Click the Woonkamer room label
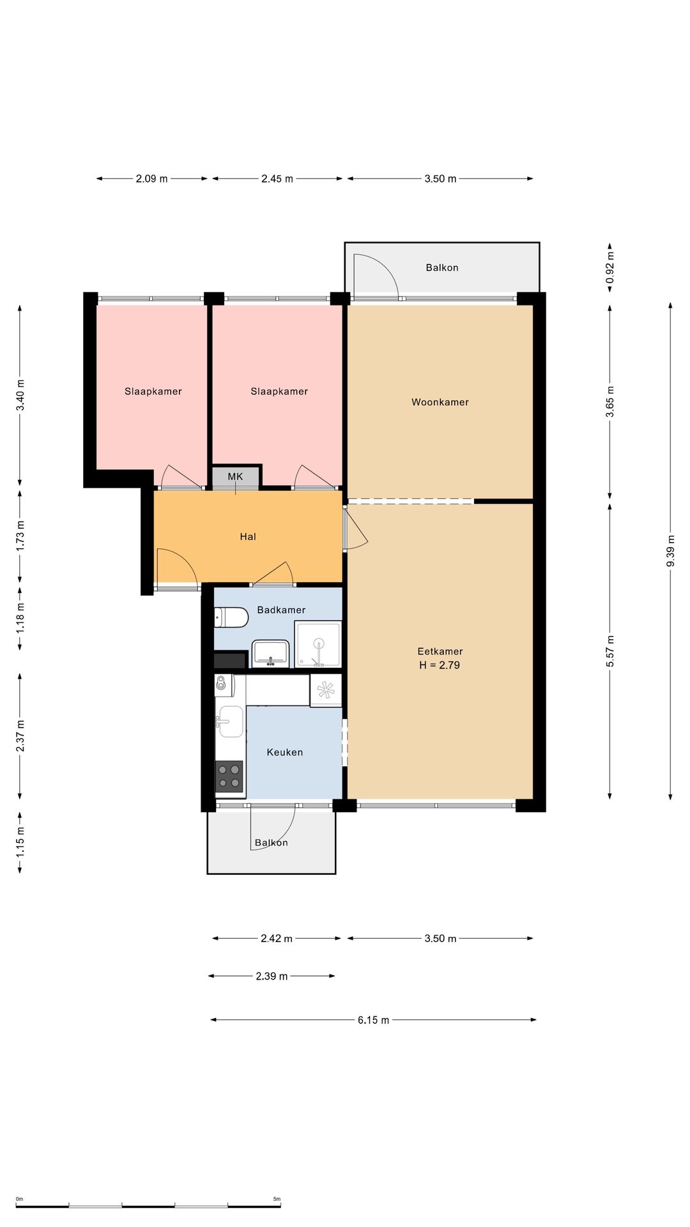[440, 402]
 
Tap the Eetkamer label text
[440, 651]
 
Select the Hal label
[248, 537]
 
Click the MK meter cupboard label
[235, 477]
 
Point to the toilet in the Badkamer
[231, 617]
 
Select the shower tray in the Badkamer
[318, 644]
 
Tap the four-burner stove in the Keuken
[229, 776]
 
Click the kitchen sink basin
[229, 722]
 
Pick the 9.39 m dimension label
[670, 551]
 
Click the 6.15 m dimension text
[373, 1020]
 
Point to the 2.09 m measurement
[151, 179]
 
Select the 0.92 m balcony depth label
[609, 268]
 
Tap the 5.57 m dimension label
[609, 651]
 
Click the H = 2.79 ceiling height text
[440, 665]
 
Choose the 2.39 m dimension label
[272, 976]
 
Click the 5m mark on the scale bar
[277, 1199]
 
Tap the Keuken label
[285, 752]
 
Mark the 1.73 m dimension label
[20, 537]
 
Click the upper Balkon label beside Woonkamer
[442, 268]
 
